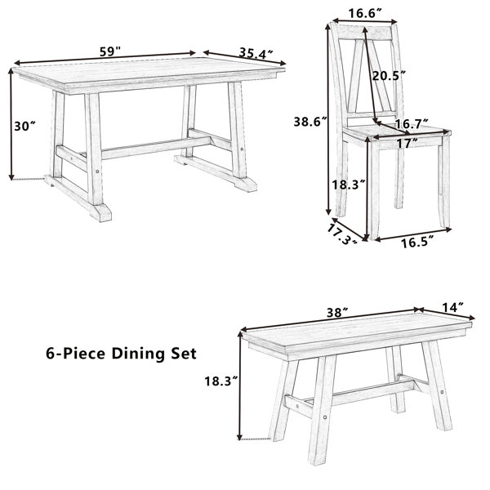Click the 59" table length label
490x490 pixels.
pos(110,51)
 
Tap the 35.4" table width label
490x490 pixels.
pos(256,53)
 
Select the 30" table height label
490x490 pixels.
pos(25,127)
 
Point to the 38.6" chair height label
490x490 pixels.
pos(310,122)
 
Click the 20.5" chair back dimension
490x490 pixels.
pos(389,76)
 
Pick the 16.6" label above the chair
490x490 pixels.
pos(366,13)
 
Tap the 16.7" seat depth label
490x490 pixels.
pos(412,124)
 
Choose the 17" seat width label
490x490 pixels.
pos(408,144)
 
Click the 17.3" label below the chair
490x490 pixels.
pos(342,234)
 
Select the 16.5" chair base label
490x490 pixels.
pos(417,242)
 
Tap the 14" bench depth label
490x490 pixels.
pos(452,307)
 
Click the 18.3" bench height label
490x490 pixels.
pos(221,381)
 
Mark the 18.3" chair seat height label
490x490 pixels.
pos(349,185)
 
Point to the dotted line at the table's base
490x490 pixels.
pos(29,179)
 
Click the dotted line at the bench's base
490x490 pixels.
pos(255,439)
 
